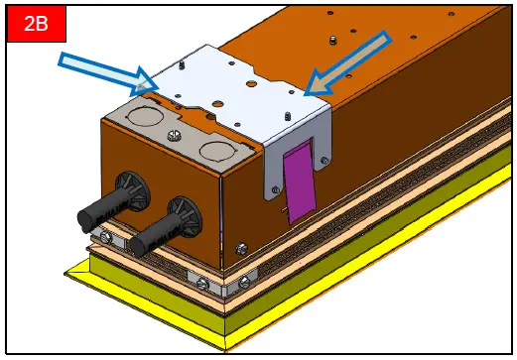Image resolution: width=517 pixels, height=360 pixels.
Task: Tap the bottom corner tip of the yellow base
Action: click(x=229, y=346)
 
